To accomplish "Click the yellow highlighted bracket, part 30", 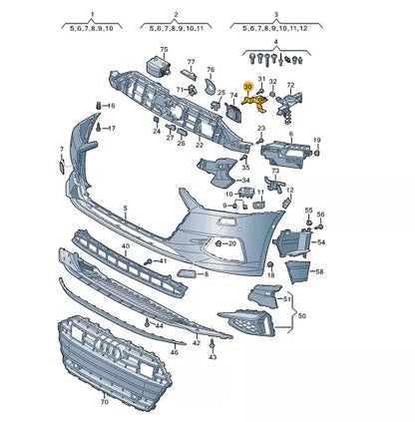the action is coord(256,103).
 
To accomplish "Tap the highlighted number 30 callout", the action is coord(248,87).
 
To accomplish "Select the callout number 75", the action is coord(165,50).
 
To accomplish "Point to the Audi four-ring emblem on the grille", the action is coord(109,348).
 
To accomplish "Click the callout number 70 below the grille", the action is coord(105,402).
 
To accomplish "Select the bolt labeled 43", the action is coord(211,345).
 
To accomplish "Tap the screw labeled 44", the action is coord(147,322).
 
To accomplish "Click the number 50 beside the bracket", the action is coord(301,316).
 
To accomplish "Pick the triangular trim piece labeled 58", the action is coord(297,271).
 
